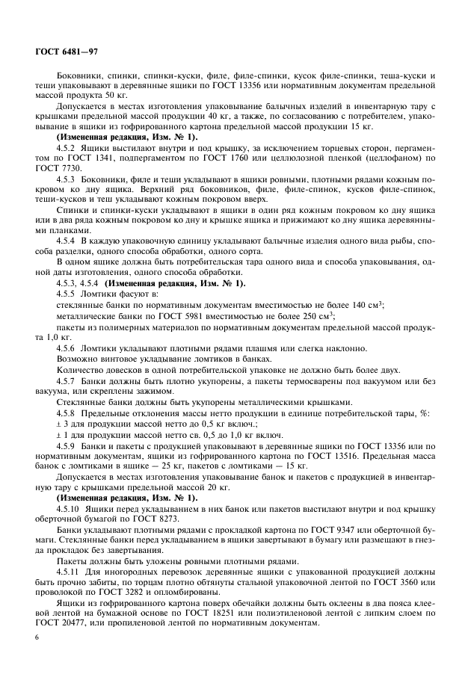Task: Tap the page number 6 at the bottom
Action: [37, 636]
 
